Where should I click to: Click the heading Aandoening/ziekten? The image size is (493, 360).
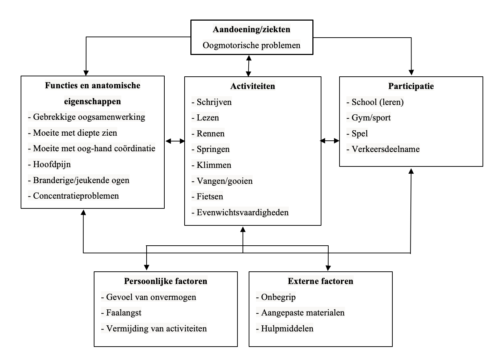tap(251, 30)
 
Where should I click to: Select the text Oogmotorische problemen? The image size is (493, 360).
tap(251, 46)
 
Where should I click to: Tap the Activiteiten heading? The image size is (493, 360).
tap(253, 86)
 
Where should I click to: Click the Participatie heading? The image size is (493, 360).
tap(411, 86)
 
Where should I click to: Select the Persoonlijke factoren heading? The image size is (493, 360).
tap(165, 281)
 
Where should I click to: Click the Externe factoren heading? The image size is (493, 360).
tap(320, 281)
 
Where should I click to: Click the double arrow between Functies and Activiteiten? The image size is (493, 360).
tap(175, 141)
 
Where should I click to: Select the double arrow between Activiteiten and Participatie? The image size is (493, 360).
tap(330, 141)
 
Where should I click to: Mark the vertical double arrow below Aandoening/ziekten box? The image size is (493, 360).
tap(249, 65)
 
